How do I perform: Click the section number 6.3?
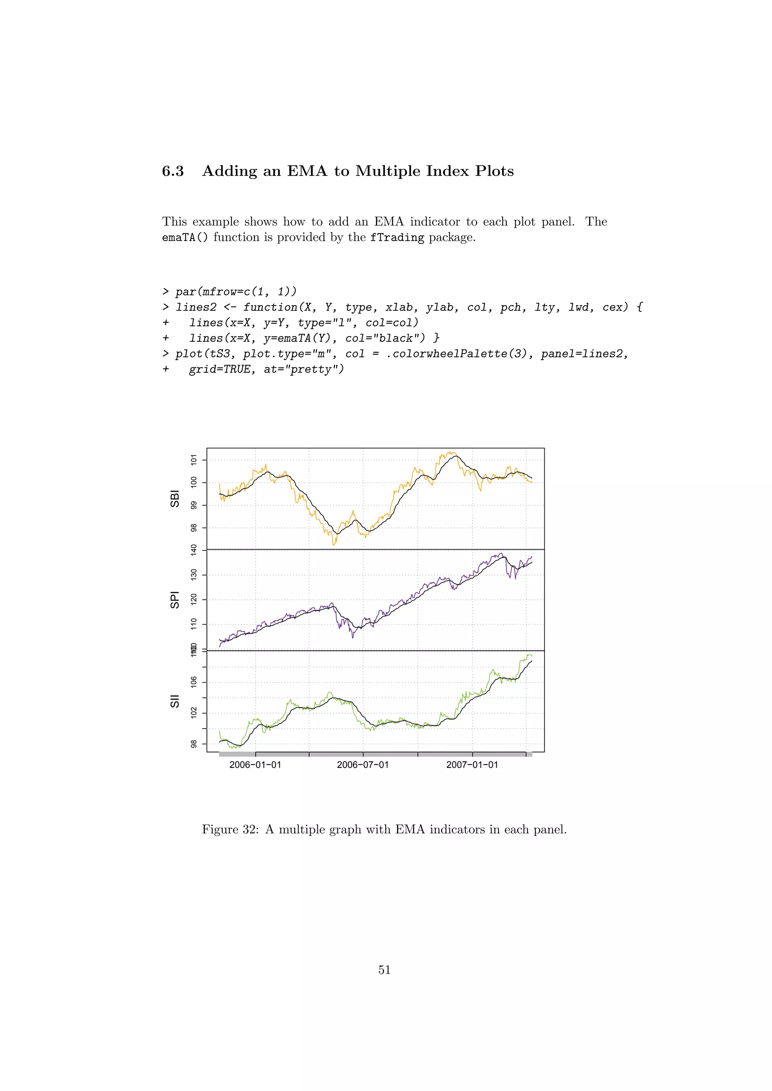pyautogui.click(x=173, y=171)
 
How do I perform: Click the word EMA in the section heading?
pyautogui.click(x=307, y=171)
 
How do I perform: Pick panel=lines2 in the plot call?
pyautogui.click(x=584, y=354)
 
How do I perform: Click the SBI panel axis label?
pyautogui.click(x=175, y=499)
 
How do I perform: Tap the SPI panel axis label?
pyautogui.click(x=175, y=600)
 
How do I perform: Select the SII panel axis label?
pyautogui.click(x=175, y=701)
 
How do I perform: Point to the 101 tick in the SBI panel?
pyautogui.click(x=193, y=460)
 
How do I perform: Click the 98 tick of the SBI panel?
pyautogui.click(x=193, y=528)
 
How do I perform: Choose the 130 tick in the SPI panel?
pyautogui.click(x=193, y=575)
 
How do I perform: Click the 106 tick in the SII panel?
pyautogui.click(x=193, y=682)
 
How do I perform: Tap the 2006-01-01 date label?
pyautogui.click(x=255, y=765)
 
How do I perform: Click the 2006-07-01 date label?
pyautogui.click(x=363, y=765)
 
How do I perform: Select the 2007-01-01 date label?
pyautogui.click(x=472, y=765)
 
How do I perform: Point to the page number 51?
pyautogui.click(x=384, y=970)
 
